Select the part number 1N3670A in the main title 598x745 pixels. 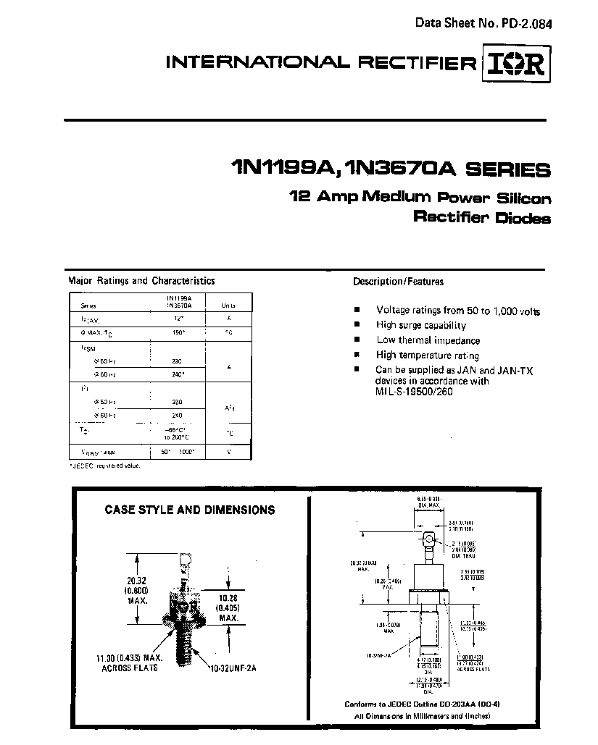pyautogui.click(x=399, y=170)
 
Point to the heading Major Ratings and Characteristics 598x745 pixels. pyautogui.click(x=141, y=281)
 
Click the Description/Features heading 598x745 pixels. pyautogui.click(x=398, y=282)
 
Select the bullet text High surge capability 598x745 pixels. pyautogui.click(x=421, y=326)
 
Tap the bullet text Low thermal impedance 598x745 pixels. pyautogui.click(x=428, y=340)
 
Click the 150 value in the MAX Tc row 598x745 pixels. pyautogui.click(x=178, y=332)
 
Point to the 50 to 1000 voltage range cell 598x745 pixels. pyautogui.click(x=178, y=451)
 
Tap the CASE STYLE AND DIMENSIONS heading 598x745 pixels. pyautogui.click(x=190, y=510)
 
